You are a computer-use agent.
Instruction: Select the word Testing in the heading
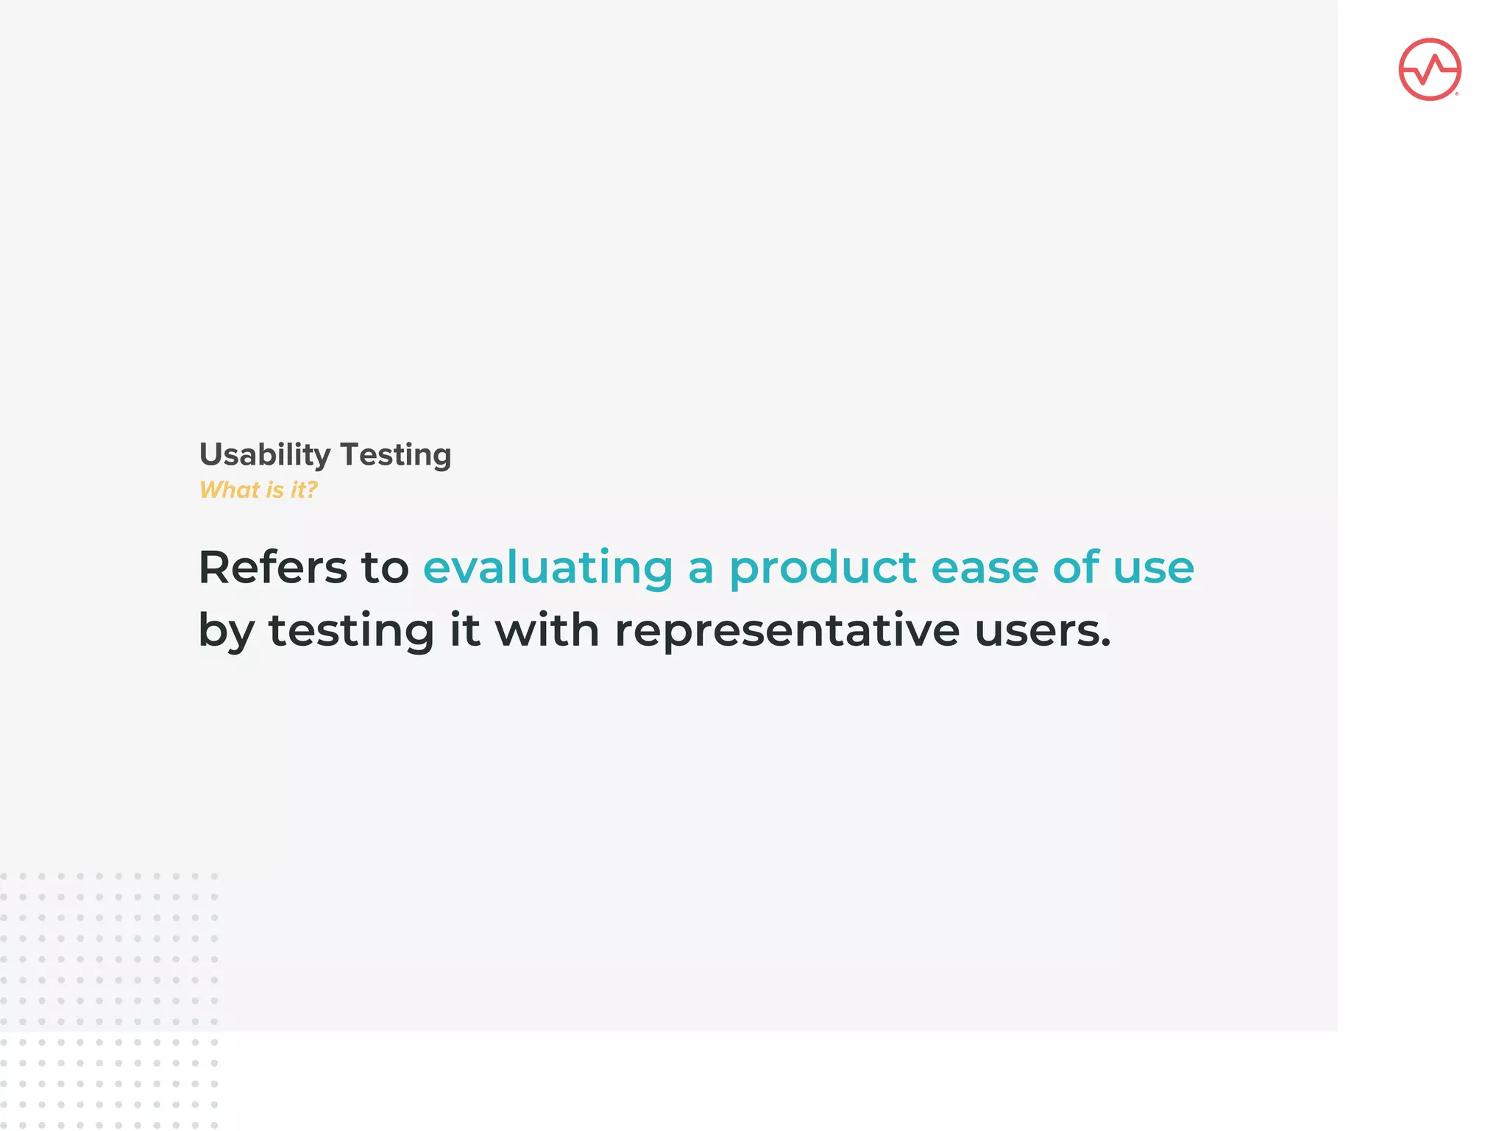[395, 455]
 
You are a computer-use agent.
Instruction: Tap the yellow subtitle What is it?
[258, 490]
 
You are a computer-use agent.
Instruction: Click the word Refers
[272, 568]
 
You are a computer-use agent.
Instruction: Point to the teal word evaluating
[548, 568]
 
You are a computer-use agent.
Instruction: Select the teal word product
[823, 568]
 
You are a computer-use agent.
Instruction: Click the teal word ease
[984, 568]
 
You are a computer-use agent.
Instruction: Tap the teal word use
[1153, 568]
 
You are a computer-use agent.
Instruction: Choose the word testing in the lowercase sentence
[352, 630]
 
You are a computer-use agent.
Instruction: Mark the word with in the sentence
[547, 630]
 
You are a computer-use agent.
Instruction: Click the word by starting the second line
[226, 632]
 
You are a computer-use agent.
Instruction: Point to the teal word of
[1076, 568]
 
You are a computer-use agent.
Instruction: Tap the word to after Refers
[385, 568]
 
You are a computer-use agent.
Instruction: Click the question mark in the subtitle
[312, 490]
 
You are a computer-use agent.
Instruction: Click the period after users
[1105, 645]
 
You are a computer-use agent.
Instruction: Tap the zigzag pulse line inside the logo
[1430, 70]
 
